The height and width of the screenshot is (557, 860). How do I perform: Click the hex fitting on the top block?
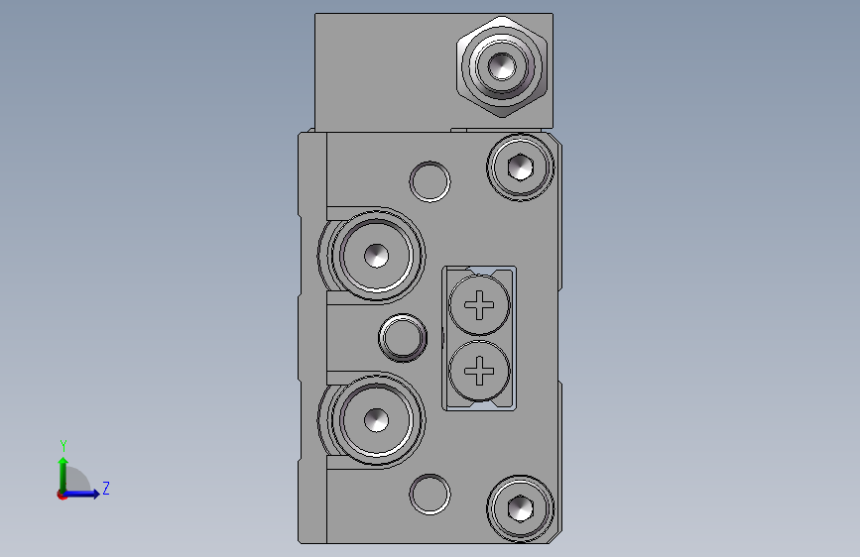pyautogui.click(x=502, y=66)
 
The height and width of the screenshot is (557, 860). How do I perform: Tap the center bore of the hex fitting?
pyautogui.click(x=502, y=66)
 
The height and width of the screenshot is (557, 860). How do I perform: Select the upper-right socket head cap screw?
pyautogui.click(x=521, y=167)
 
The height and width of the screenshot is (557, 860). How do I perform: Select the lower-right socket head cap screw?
pyautogui.click(x=521, y=508)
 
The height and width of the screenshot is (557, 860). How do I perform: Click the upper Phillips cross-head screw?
pyautogui.click(x=479, y=305)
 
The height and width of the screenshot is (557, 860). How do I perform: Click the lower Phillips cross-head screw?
pyautogui.click(x=479, y=371)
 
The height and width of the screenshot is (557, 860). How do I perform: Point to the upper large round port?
pyautogui.click(x=376, y=256)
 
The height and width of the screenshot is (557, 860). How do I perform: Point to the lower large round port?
pyautogui.click(x=376, y=420)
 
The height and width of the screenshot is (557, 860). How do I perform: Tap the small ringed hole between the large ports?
pyautogui.click(x=403, y=337)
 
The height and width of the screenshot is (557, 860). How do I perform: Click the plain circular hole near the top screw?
pyautogui.click(x=430, y=181)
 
